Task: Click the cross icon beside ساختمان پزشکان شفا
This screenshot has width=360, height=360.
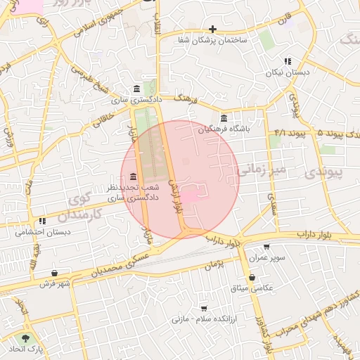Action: pos(212,30)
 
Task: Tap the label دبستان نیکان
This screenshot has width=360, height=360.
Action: pos(283,72)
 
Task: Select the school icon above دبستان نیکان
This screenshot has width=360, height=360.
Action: pos(287,61)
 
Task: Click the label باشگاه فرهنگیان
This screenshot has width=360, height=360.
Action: pos(224,129)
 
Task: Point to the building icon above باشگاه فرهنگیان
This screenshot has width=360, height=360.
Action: pos(224,117)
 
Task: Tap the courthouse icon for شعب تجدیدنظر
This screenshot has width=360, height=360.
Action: pos(133,184)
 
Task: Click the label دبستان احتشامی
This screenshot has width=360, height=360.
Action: pos(40,231)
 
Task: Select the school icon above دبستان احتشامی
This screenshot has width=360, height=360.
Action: pos(42,221)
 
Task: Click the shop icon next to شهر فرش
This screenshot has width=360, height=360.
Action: pos(55,273)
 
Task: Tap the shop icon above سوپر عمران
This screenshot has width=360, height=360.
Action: pos(266,247)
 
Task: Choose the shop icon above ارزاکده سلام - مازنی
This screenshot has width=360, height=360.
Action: pos(204,308)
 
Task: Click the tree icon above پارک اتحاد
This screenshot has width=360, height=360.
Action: pos(26,338)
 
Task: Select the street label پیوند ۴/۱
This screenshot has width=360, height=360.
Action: pos(290,133)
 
